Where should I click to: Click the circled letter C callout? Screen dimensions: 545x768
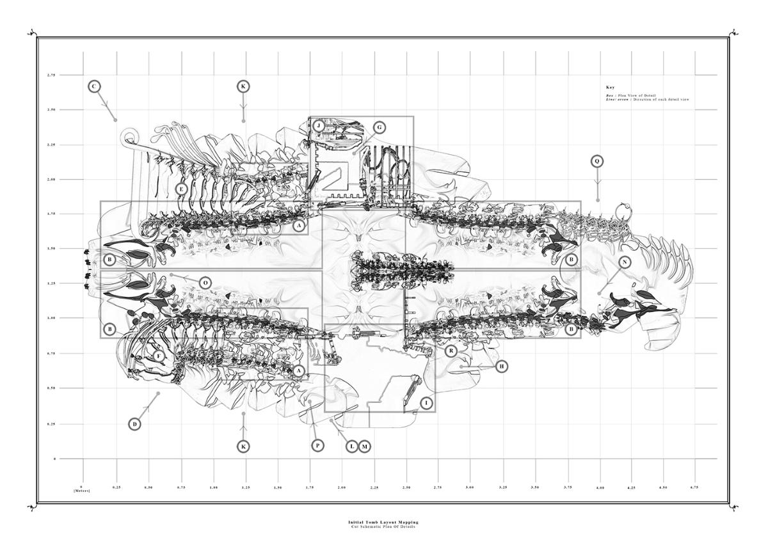94,86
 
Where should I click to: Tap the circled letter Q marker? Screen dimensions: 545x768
596,162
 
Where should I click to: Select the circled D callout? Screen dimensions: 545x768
134,423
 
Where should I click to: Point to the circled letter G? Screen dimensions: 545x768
379,127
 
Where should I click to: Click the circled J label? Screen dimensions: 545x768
319,125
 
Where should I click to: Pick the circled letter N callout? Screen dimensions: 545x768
624,262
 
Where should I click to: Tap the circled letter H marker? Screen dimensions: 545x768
502,366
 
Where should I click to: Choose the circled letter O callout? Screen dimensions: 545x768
205,283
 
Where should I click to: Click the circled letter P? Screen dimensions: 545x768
317,445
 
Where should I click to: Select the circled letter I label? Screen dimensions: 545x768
426,403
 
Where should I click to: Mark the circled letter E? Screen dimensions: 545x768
182,189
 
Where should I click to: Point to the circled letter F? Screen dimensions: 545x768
159,356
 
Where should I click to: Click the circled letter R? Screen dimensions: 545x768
451,351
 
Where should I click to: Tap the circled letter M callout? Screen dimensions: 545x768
364,446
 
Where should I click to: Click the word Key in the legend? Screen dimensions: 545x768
610,87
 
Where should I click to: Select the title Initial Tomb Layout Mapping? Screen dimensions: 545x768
383,522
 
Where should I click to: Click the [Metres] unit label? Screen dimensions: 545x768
82,491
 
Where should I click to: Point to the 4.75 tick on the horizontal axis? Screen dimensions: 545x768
694,487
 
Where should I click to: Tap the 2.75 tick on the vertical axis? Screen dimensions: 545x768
51,75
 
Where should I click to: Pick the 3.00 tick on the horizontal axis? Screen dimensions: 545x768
470,487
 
